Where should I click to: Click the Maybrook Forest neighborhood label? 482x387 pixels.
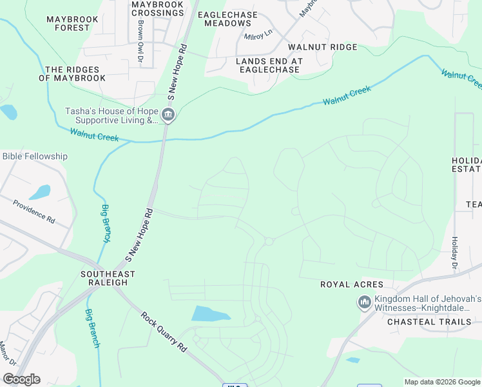[x=73, y=24]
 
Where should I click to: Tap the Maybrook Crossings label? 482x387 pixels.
[x=157, y=8]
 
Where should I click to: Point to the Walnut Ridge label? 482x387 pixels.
[x=322, y=47]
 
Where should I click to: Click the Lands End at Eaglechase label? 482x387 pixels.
[x=260, y=65]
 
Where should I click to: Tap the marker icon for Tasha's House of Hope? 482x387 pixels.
[x=168, y=115]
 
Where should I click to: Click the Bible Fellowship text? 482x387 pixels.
[x=35, y=156]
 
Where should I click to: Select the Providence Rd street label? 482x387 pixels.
[x=34, y=210]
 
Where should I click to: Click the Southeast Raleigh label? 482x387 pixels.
[x=108, y=279]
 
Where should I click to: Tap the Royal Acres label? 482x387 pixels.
[x=352, y=284]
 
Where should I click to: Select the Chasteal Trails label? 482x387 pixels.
[x=427, y=321]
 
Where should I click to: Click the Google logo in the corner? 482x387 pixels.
[x=21, y=379]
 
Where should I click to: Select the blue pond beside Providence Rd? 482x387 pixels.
[x=39, y=192]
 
